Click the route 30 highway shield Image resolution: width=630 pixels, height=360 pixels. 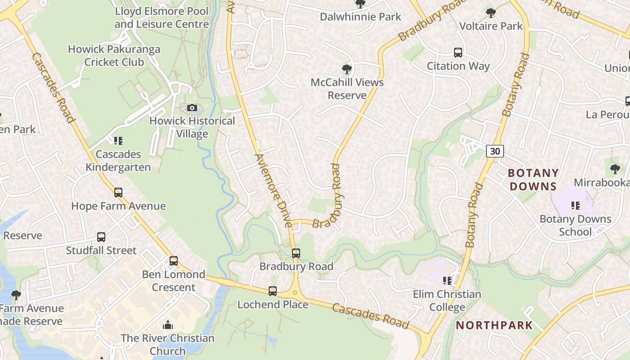[x=495, y=151]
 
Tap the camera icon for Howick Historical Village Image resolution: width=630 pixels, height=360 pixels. [x=192, y=108]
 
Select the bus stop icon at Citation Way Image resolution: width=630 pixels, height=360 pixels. [x=458, y=53]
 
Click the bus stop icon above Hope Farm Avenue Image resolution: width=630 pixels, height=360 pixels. [x=118, y=193]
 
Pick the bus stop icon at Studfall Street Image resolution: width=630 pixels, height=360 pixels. [x=101, y=237]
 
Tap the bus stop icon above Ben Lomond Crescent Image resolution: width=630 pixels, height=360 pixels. [x=174, y=261]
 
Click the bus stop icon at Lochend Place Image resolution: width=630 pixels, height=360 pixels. [x=273, y=291]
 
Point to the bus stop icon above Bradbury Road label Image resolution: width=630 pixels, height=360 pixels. [x=296, y=253]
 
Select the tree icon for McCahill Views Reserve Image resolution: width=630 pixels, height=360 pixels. [x=346, y=69]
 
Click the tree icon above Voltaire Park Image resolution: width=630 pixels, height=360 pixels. [x=491, y=13]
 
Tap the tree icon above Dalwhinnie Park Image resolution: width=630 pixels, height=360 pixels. [x=360, y=4]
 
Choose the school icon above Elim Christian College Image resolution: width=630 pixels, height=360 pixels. [x=447, y=281]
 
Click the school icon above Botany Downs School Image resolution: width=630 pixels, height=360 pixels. [x=575, y=206]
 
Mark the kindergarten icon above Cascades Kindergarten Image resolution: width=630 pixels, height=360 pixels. [x=118, y=141]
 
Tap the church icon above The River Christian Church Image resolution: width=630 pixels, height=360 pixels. [x=168, y=325]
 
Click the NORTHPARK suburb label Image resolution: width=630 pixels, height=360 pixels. [x=495, y=325]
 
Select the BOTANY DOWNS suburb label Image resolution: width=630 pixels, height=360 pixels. [x=533, y=180]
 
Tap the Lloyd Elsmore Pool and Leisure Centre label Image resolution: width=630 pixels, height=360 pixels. [x=162, y=18]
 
